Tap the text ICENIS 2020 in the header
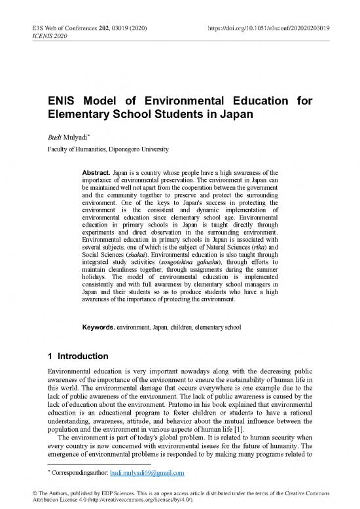pyautogui.click(x=53, y=39)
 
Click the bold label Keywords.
pyautogui.click(x=96, y=326)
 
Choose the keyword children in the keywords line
pyautogui.click(x=200, y=326)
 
